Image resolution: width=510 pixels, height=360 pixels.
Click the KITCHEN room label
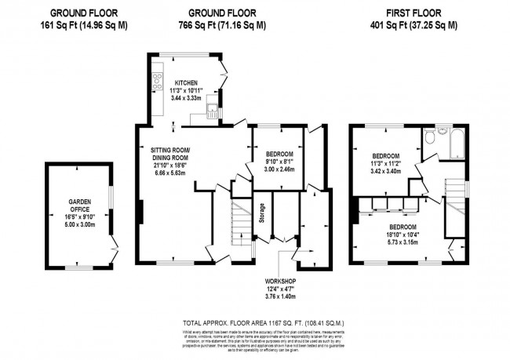[x=186, y=82]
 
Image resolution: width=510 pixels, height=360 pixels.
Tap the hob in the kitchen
[x=157, y=81]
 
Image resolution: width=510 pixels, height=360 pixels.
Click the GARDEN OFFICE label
[x=78, y=205]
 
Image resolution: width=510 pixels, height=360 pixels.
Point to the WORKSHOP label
[x=279, y=280]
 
